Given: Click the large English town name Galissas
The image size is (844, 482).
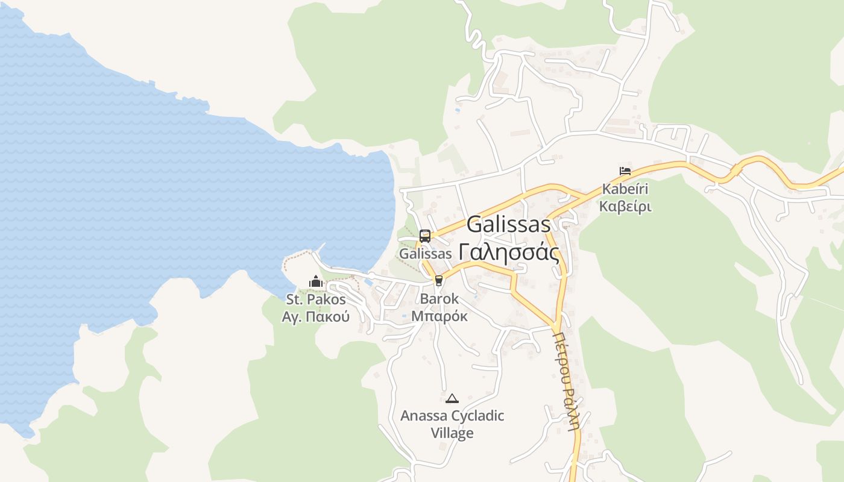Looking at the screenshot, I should coord(508,224).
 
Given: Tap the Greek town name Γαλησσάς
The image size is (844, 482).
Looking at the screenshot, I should coord(508,252).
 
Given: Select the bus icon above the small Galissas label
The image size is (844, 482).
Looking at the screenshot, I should coord(425,236).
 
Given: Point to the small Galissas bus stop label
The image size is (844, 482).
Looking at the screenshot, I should coord(425,254).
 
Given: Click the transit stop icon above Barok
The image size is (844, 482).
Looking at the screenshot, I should coord(438,280).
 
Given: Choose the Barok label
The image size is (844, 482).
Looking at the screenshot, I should coord(439,299).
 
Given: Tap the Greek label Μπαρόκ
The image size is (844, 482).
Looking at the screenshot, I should coord(439,316).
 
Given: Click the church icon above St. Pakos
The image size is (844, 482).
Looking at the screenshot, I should coord(315,281).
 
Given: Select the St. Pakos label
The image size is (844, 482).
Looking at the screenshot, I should coord(315,299).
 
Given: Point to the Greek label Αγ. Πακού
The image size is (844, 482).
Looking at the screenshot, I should coord(315,316).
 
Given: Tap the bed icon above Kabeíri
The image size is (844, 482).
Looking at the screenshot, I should coord(625,171).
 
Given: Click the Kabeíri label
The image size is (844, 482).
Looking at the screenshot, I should coord(625,189).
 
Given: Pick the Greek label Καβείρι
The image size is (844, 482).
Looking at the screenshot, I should coord(625,207).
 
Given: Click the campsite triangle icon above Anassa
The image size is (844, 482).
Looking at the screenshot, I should coord(452,398).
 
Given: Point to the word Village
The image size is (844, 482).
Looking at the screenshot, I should coord(452,433).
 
